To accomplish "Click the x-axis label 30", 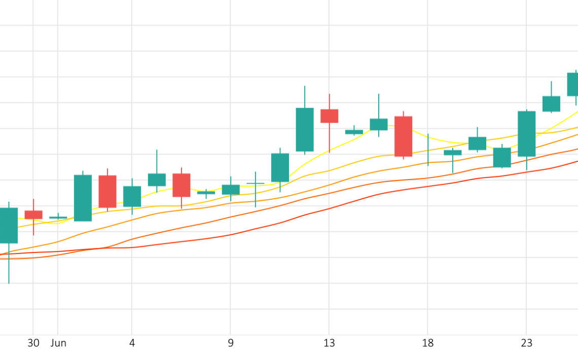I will point(33,343).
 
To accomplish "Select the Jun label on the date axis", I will point(58,343).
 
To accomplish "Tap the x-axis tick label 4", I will point(132,343).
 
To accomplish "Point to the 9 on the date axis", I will point(231,343).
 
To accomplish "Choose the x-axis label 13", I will point(329,343).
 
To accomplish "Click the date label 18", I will point(428,343).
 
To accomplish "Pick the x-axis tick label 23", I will point(527,343).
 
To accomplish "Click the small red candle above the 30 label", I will point(33,215).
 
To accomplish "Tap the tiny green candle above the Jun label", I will point(58,218).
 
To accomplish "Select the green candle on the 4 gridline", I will point(132,196).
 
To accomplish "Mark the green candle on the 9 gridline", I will point(231,190).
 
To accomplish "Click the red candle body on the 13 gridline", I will point(329,116).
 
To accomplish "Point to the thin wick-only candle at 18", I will point(428,150).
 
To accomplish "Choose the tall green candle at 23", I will point(527,133).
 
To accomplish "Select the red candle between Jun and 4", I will point(107,191).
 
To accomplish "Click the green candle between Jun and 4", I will point(83,198).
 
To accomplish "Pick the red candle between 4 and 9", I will point(182,185).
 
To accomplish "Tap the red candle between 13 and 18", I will point(403,136).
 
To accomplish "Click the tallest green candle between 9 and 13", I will point(305,129).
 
